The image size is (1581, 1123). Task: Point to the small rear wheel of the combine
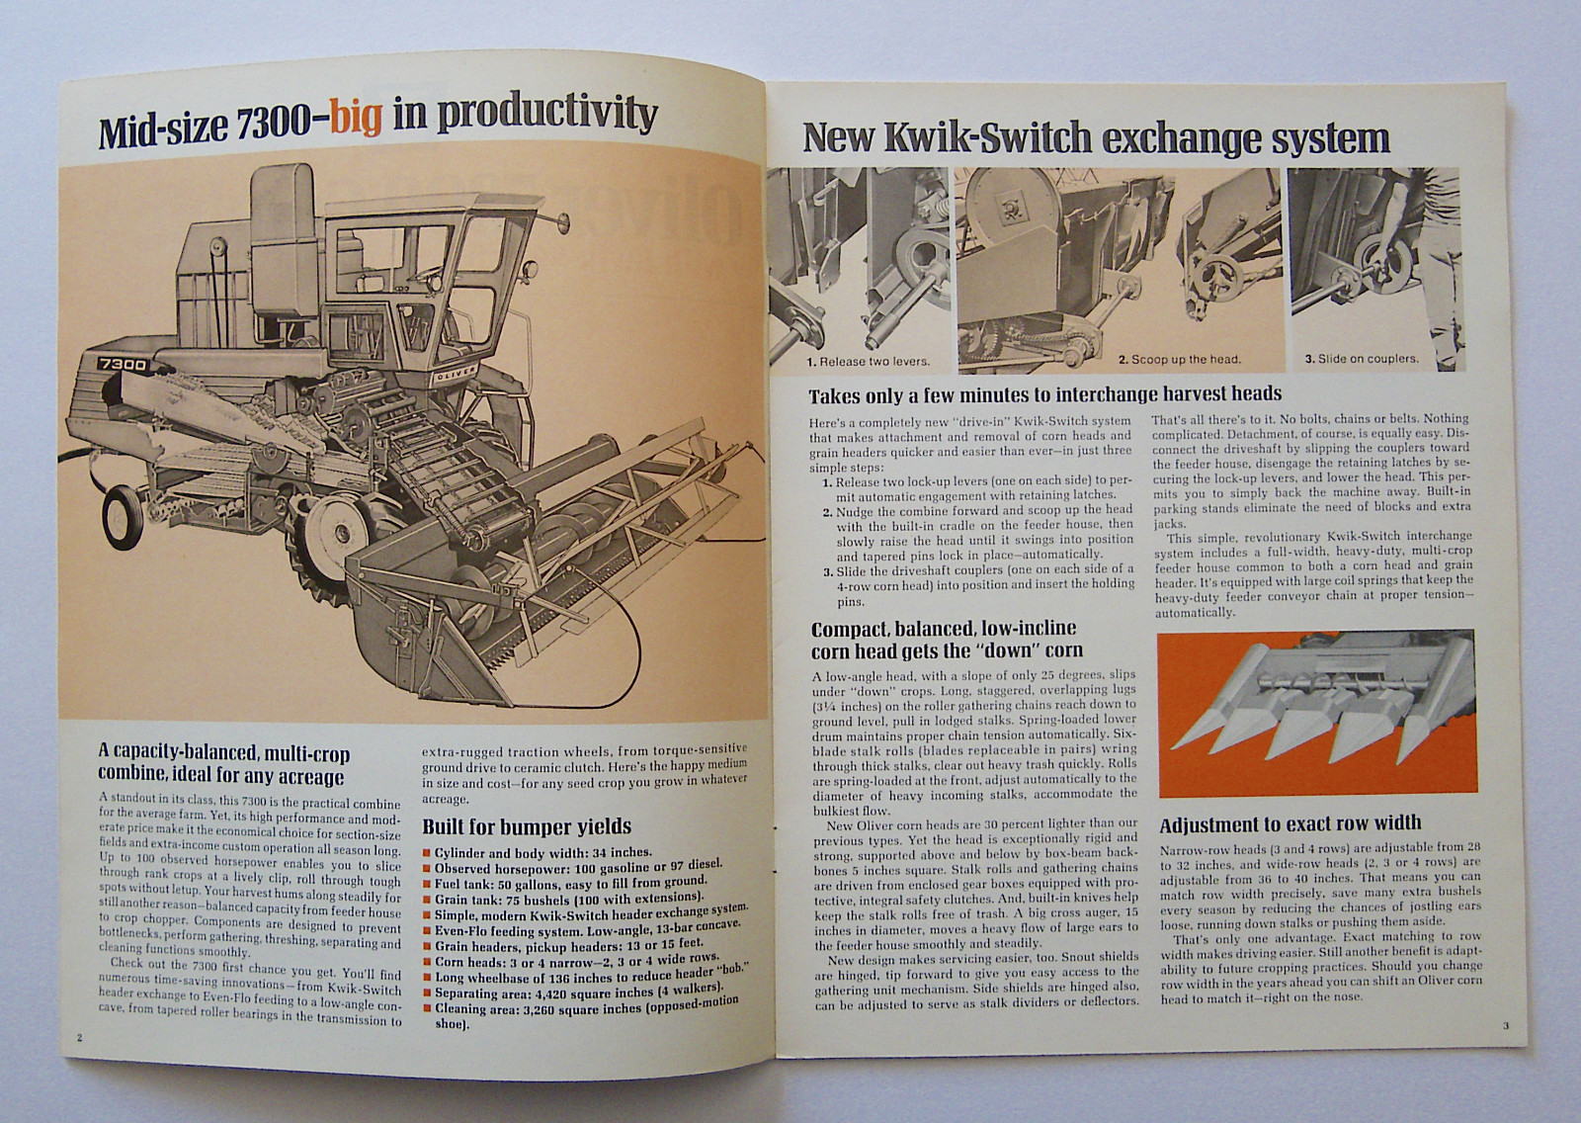click(x=124, y=518)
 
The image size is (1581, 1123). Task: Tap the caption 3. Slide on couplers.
click(x=1361, y=359)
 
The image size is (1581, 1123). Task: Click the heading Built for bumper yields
click(x=526, y=826)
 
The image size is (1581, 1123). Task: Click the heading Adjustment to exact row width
click(x=1290, y=823)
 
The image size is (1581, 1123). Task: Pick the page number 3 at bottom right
click(x=1505, y=1025)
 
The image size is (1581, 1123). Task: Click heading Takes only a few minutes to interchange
click(x=1044, y=395)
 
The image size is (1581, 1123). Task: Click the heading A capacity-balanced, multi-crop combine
click(x=223, y=763)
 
